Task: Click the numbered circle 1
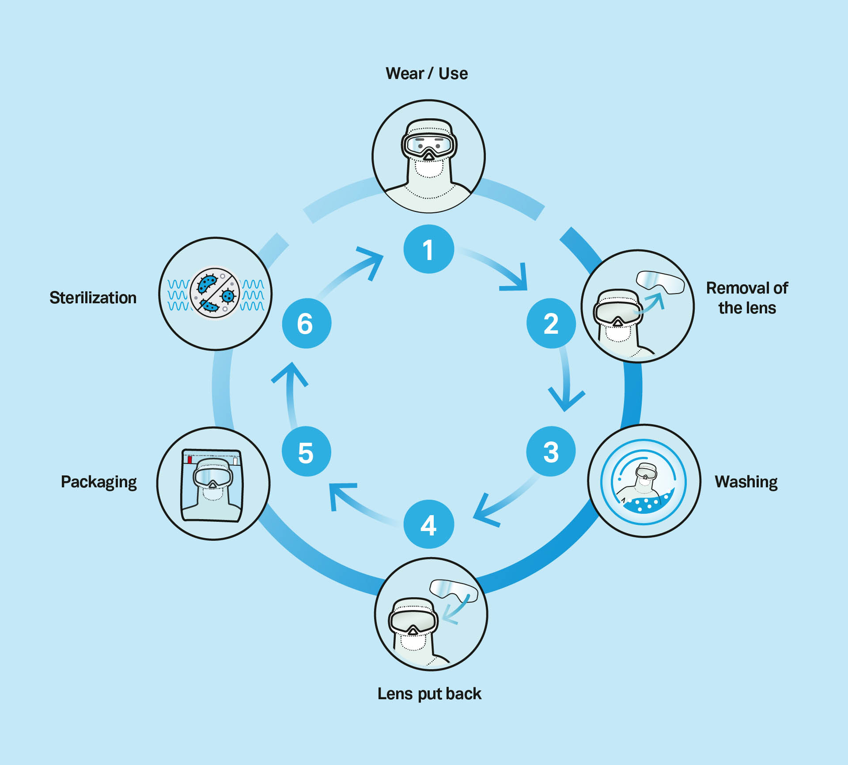428,249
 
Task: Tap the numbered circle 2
551,323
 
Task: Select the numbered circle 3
551,451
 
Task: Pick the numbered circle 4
428,524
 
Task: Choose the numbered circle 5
306,452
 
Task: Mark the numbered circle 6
306,323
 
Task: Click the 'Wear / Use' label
427,73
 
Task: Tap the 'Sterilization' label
93,298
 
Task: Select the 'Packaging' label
98,482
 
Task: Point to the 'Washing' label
746,482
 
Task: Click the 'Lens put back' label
429,693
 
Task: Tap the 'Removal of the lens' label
747,298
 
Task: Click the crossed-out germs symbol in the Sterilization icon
215,293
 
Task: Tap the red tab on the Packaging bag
189,460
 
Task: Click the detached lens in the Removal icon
660,282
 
